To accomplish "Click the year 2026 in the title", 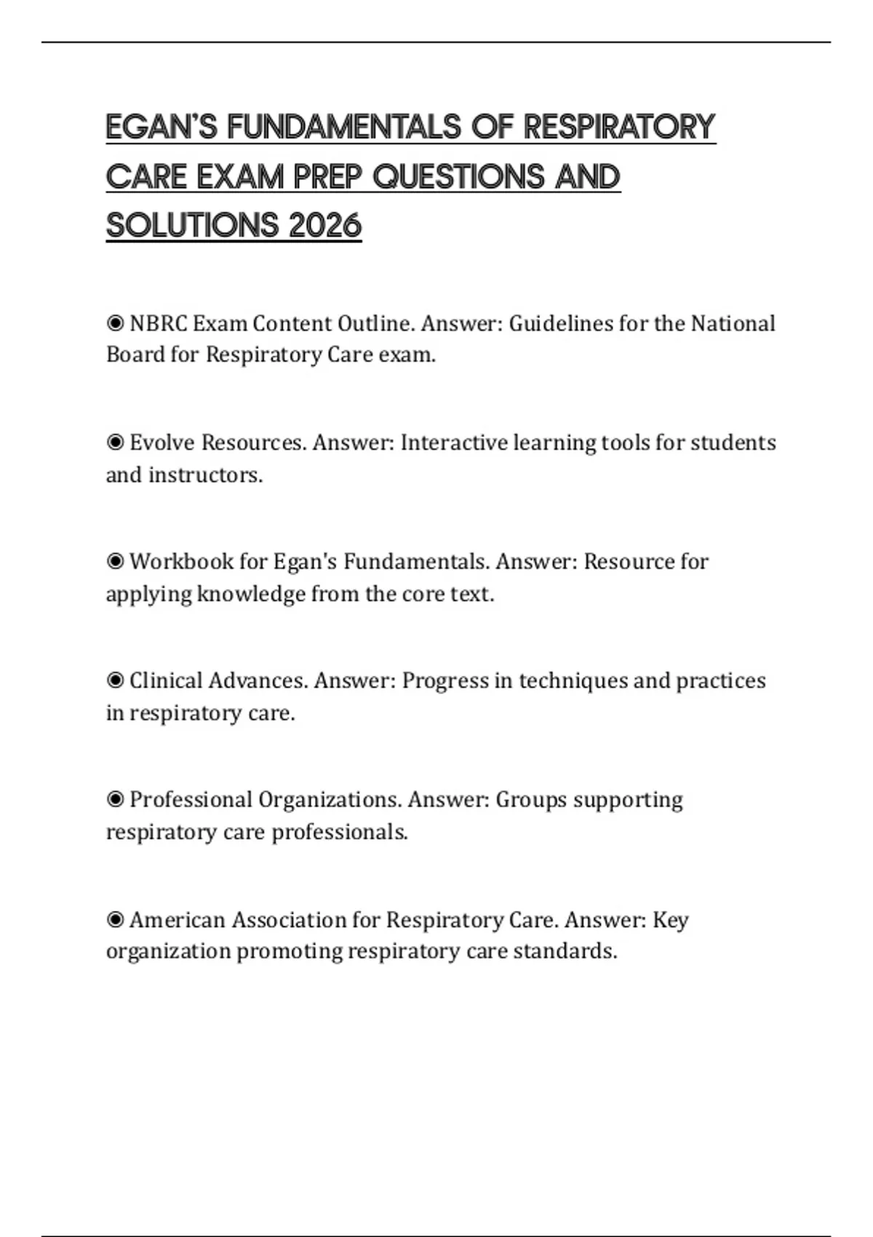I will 324,226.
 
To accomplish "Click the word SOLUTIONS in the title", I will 192,226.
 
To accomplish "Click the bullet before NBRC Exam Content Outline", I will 115,323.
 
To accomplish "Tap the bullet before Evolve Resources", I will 115,442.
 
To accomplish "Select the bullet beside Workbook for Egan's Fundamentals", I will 115,562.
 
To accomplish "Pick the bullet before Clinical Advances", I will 115,681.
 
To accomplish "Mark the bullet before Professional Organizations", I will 115,800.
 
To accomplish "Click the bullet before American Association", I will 115,920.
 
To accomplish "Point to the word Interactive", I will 455,442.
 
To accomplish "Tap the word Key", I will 670,920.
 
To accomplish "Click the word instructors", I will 205,475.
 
